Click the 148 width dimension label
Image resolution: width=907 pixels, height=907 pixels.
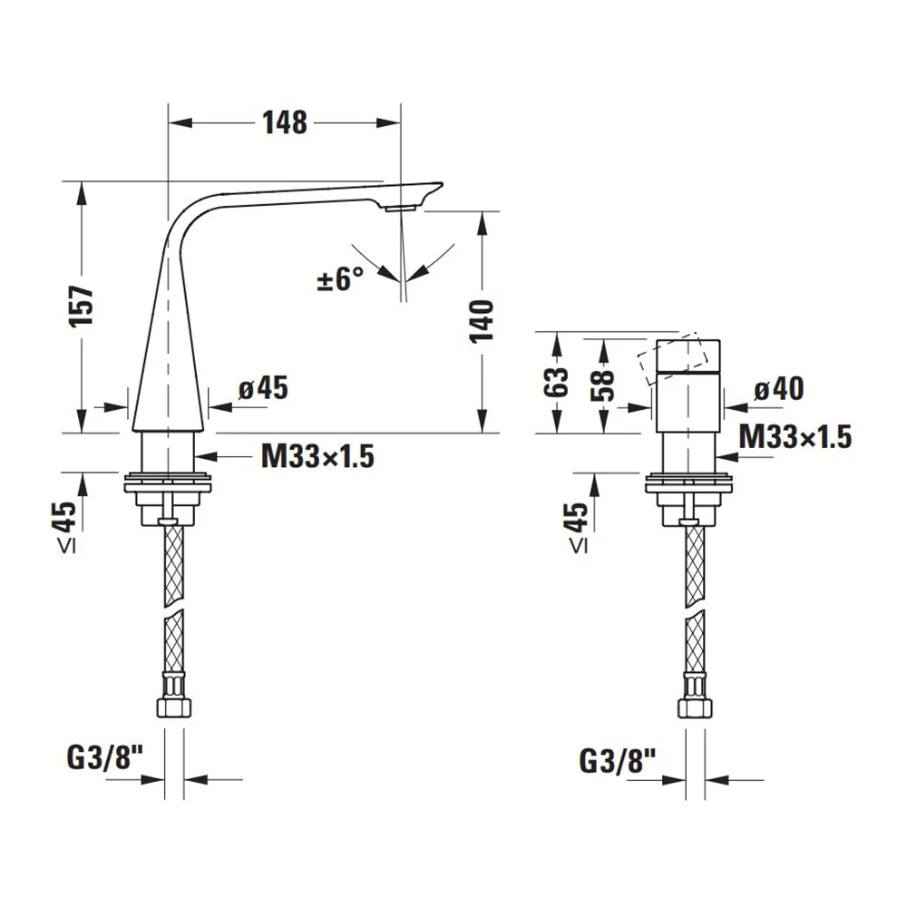(x=285, y=122)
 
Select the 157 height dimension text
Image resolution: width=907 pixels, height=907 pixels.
(x=82, y=307)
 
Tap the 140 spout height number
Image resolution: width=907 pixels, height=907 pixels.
(x=482, y=321)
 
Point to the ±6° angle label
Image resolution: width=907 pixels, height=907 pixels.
(x=341, y=278)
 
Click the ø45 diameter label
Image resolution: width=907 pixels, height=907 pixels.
(x=263, y=387)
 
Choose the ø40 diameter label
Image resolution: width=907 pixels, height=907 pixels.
(x=778, y=388)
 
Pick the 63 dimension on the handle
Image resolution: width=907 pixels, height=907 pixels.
(x=557, y=383)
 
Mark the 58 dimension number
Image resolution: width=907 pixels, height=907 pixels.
(x=603, y=385)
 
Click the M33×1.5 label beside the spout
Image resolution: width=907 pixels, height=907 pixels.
(x=317, y=456)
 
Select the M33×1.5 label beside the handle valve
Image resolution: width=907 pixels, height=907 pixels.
(x=795, y=437)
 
